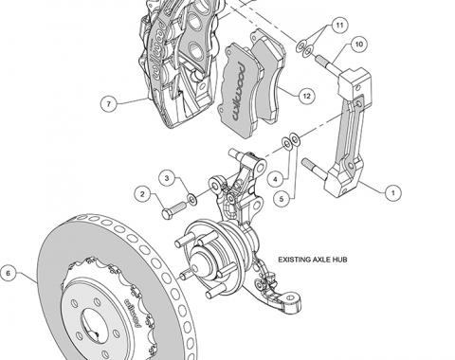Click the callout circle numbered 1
pos(392,192)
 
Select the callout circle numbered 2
pos(142,194)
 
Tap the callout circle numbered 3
pos(167,178)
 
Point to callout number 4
pos(275,180)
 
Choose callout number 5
pos(282,199)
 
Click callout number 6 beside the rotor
pos(9,273)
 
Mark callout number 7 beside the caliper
pos(109,103)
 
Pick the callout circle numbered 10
pos(359,44)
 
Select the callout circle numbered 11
pos(339,25)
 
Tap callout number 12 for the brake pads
pos(306,96)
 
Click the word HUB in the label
pos(341,260)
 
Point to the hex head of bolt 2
pos(167,214)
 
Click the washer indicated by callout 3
pos(191,199)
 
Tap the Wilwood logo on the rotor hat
pos(133,313)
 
